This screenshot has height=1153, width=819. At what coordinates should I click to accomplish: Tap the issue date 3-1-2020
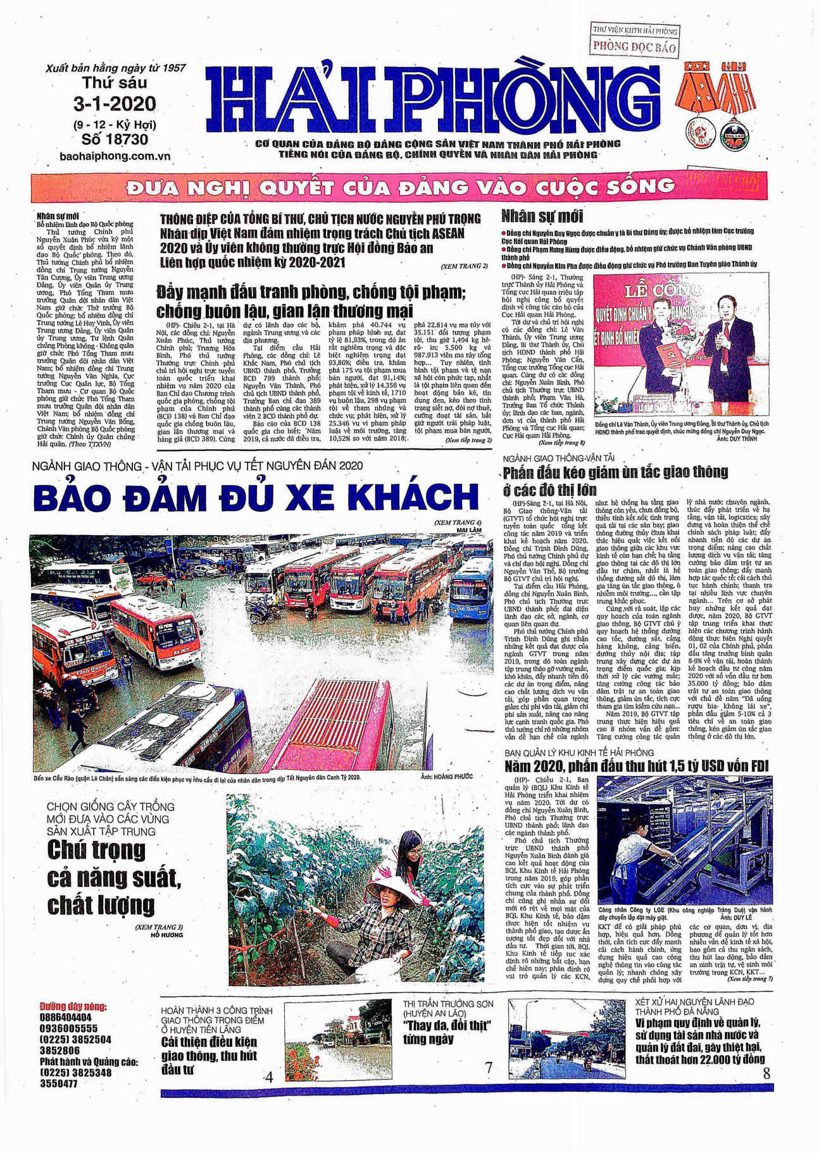(x=115, y=104)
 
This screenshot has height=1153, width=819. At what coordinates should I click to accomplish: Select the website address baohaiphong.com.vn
(x=115, y=156)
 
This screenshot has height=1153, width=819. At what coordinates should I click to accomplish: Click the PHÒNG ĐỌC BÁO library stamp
(x=634, y=46)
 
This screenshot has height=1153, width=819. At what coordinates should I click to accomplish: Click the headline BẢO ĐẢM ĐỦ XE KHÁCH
(x=256, y=496)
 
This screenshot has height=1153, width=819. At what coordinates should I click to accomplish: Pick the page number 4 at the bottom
(x=269, y=1077)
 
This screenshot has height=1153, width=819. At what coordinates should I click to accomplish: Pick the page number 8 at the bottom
(x=766, y=1073)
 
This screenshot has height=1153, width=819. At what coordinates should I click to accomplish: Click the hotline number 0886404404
(x=66, y=1018)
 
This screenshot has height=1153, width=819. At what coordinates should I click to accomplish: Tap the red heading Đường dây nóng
(x=73, y=1007)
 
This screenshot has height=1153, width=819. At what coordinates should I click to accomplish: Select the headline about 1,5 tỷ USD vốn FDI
(x=636, y=767)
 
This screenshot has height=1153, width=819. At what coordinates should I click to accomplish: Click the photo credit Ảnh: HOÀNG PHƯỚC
(x=446, y=777)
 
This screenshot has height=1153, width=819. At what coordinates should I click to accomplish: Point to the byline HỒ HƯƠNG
(x=167, y=935)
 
